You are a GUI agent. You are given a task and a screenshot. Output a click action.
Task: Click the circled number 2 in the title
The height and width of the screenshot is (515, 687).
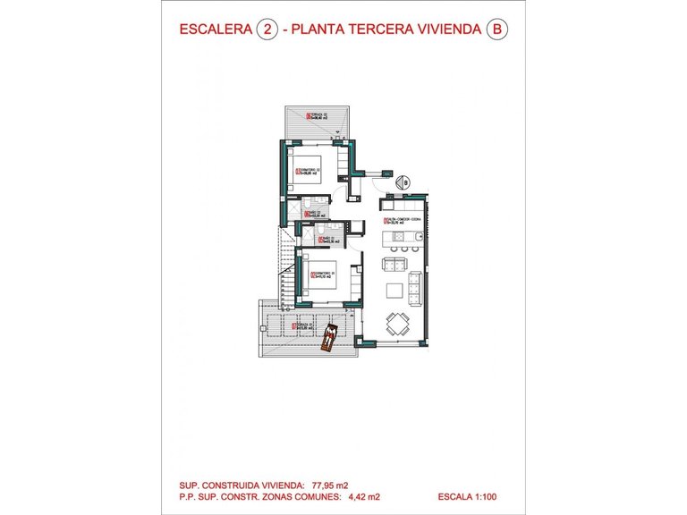pos(265,30)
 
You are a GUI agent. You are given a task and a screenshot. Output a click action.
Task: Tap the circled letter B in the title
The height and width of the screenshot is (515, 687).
pos(496,30)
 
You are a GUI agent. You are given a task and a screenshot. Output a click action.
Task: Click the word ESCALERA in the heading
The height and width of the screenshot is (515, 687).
pos(215,30)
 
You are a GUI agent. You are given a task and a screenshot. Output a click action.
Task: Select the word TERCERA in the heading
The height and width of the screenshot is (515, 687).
pos(382,30)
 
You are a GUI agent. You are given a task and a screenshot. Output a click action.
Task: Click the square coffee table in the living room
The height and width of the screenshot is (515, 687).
pos(394,290)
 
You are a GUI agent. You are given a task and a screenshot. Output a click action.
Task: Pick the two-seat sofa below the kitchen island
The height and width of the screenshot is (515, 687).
pos(394,264)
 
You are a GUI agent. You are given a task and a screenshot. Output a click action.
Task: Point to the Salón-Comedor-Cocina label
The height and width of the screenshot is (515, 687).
pos(403,220)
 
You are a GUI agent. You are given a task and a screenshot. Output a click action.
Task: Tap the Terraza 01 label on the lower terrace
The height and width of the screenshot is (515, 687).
pos(307,326)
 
